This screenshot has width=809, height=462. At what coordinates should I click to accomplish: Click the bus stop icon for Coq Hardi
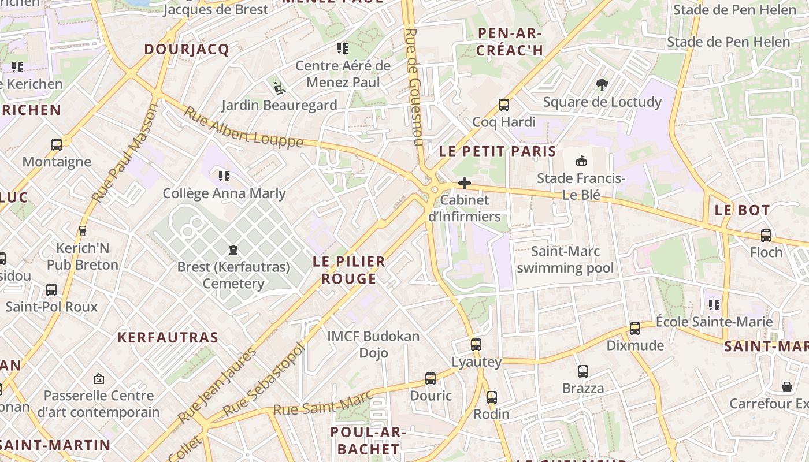(x=503, y=105)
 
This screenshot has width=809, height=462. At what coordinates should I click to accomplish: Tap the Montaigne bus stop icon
(x=57, y=145)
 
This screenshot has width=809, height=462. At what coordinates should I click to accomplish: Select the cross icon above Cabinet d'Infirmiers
(x=464, y=184)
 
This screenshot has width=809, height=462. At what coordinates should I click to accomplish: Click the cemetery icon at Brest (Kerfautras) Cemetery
(x=233, y=250)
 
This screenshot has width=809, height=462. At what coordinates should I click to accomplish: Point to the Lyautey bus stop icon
(x=476, y=345)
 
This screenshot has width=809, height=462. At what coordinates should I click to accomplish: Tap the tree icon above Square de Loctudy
(x=602, y=85)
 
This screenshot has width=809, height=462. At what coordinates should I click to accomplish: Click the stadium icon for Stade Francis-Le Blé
(x=581, y=161)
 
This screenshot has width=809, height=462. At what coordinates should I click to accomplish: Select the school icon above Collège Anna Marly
(x=224, y=176)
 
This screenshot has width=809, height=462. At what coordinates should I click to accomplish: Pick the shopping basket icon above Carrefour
(x=786, y=386)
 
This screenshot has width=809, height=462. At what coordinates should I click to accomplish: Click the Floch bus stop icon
(x=766, y=236)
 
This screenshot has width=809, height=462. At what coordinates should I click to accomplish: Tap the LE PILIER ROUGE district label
(x=348, y=270)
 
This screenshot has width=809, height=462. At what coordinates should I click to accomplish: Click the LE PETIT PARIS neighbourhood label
(x=498, y=152)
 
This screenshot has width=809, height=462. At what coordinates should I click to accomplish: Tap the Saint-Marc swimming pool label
(x=565, y=260)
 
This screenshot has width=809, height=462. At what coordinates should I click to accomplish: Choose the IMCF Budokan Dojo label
(x=373, y=344)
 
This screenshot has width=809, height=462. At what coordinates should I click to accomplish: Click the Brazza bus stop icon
(x=582, y=371)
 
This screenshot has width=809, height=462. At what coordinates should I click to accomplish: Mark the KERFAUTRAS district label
(x=168, y=338)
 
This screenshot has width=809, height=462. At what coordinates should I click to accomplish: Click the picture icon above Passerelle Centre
(x=98, y=379)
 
